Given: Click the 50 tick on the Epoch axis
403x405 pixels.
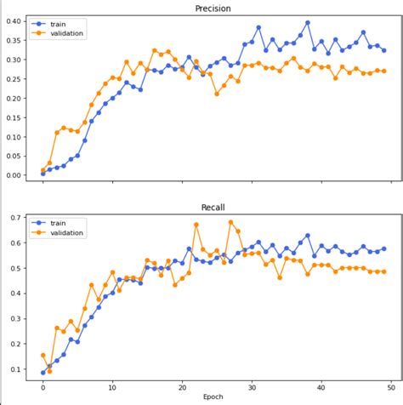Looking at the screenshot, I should pyautogui.click(x=390, y=385).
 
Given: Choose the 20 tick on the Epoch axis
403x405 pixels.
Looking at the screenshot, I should pyautogui.click(x=182, y=385).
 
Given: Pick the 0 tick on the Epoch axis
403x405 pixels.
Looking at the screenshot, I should pyautogui.click(x=43, y=385).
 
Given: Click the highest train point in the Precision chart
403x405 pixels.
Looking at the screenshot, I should pyautogui.click(x=307, y=23).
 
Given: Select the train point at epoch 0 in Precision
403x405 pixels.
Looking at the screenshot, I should pyautogui.click(x=43, y=173).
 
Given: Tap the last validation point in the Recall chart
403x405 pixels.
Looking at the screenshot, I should pyautogui.click(x=383, y=271).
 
